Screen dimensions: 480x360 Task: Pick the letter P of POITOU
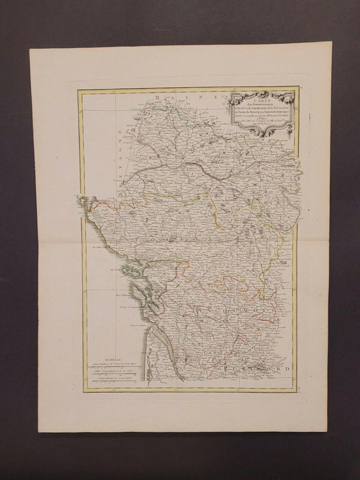pos(137,239)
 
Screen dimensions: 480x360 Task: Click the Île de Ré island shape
pos(127,271)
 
